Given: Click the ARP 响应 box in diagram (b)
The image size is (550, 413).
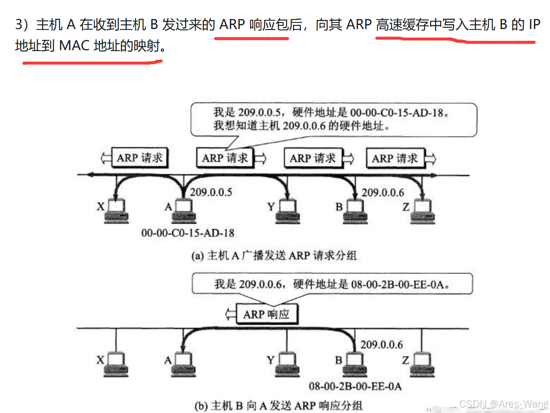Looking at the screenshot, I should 267,314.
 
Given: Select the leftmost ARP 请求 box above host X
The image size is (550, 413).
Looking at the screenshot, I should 140,158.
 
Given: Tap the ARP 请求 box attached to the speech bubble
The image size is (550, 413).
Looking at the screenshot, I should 225,158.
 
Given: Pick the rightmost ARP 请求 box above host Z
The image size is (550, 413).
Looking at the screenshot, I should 395,158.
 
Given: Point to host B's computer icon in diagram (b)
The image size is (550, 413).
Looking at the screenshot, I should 355,364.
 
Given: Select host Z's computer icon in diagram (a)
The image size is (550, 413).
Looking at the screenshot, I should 423,211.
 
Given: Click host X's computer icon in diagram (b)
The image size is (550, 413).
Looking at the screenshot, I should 116,364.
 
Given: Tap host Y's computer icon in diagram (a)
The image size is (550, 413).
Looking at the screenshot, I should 288,211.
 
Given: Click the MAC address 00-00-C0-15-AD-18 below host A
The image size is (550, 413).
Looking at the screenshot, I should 188,233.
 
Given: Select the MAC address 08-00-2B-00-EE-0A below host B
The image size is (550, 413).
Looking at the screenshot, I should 355,386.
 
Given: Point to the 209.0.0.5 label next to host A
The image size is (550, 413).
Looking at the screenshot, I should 211,192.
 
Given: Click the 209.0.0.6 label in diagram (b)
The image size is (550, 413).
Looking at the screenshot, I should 381,345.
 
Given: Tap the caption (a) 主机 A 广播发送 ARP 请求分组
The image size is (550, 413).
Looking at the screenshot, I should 274,255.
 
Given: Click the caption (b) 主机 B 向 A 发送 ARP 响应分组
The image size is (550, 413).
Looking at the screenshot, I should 278,406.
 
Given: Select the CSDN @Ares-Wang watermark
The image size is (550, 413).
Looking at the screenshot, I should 504,404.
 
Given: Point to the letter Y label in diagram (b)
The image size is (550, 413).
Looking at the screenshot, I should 271,360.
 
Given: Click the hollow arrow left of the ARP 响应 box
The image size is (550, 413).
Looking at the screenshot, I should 230,314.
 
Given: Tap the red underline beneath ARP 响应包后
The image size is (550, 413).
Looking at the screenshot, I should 251,38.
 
